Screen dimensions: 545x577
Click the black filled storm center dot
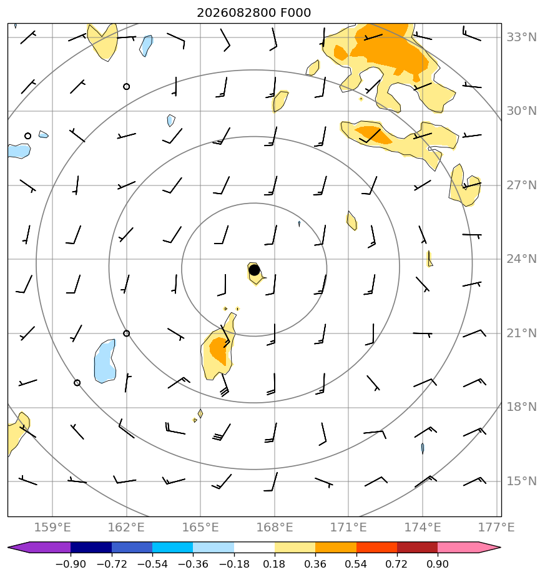pos(254,270)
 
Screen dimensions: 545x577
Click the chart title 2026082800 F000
pos(254,13)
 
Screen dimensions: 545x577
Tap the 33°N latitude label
pos(521,37)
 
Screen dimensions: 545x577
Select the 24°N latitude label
pos(521,259)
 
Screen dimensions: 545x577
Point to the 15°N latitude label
pos(521,481)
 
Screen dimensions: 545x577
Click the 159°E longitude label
pos(52,527)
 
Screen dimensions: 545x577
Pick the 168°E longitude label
pos(275,527)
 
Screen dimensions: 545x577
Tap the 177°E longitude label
pos(496,527)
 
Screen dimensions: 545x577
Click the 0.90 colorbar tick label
pos(438,564)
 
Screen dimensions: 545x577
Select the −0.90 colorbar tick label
pos(71,564)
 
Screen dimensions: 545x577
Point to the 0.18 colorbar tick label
pos(275,564)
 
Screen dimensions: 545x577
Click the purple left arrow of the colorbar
pos(39,547)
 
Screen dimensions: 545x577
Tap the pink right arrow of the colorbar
pos(469,547)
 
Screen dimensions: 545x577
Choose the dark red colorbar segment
pos(417,547)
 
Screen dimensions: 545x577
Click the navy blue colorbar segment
pos(91,547)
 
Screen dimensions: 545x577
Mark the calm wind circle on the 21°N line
pos(127,333)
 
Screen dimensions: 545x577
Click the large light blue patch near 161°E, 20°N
pos(105,362)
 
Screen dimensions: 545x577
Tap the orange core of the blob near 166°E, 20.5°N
pos(220,349)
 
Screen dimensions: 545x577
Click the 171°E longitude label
pos(348,527)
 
